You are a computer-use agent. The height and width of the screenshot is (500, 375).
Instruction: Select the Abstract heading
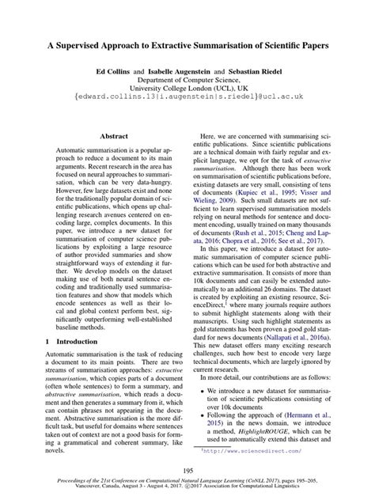coord(112,137)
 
